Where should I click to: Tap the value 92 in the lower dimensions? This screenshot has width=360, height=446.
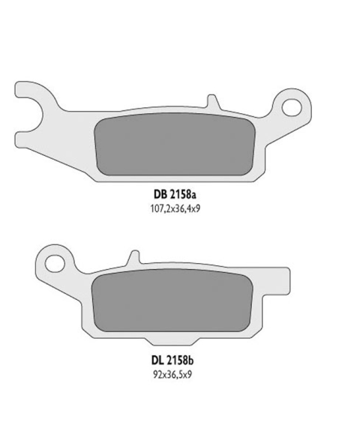coord(153,373)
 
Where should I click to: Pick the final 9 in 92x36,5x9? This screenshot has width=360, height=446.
coord(190,373)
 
